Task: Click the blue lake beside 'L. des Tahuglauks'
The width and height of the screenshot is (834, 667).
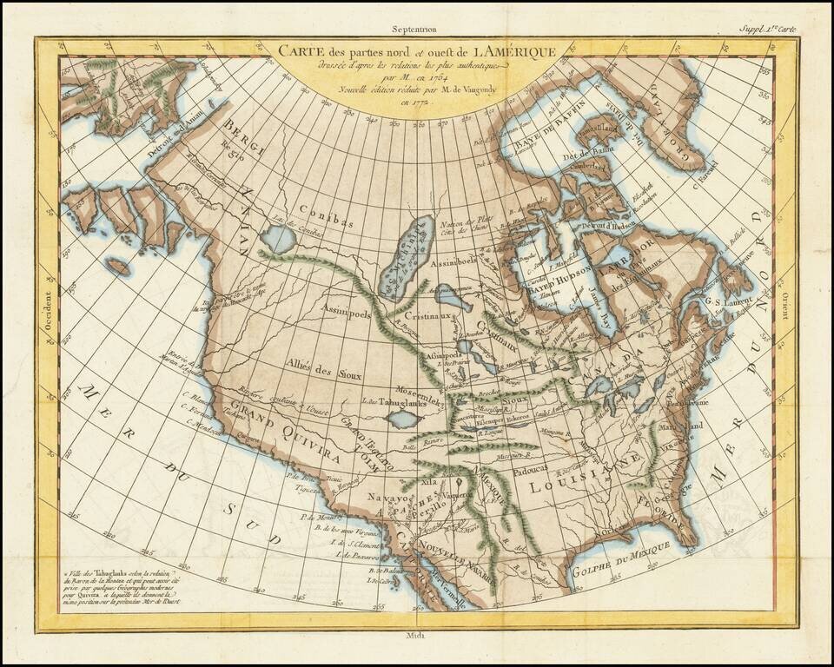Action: [400, 419]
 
